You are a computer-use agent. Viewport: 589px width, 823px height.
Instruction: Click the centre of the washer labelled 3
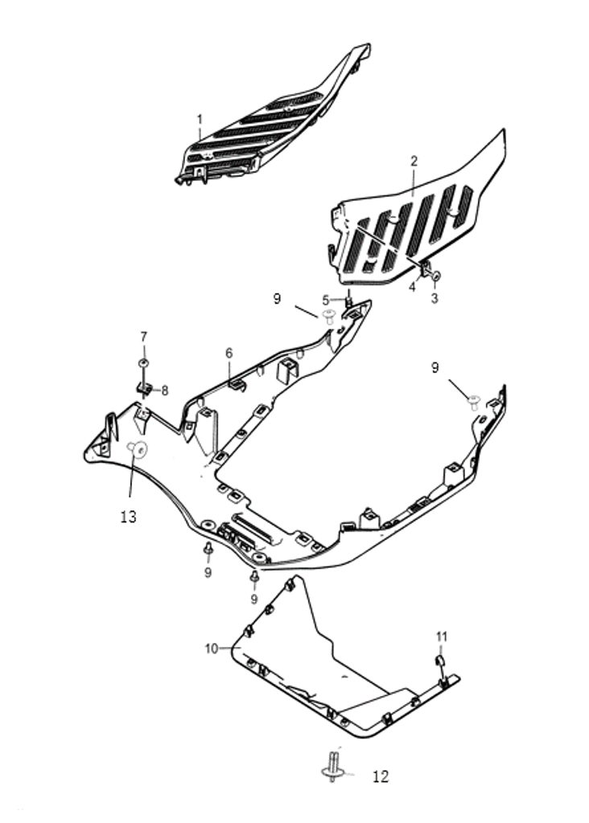pyautogui.click(x=435, y=276)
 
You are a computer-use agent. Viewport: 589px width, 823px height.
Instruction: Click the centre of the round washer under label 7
pyautogui.click(x=143, y=363)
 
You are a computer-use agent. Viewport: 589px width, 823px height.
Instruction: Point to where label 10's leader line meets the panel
pyautogui.click(x=239, y=649)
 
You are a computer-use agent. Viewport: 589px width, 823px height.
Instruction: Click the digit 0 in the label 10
pyautogui.click(x=214, y=649)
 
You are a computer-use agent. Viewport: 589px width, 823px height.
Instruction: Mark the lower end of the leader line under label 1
pyautogui.click(x=200, y=141)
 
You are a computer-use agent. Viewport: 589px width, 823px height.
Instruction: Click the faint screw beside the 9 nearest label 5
pyautogui.click(x=329, y=316)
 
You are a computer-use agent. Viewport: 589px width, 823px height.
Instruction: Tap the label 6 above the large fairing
pyautogui.click(x=229, y=354)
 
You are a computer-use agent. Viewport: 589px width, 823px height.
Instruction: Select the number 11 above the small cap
pyautogui.click(x=442, y=637)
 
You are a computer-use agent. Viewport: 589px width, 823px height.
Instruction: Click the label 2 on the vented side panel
pyautogui.click(x=414, y=161)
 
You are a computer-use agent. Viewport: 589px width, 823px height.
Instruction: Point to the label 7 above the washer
pyautogui.click(x=143, y=337)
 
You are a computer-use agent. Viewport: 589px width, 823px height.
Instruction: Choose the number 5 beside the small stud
pyautogui.click(x=326, y=301)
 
